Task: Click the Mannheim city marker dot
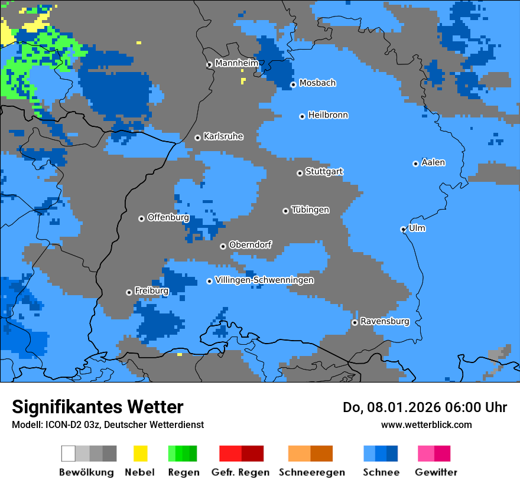coord(209,65)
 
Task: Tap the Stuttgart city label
coord(324,172)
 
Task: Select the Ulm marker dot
coord(403,230)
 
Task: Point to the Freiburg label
coord(151,291)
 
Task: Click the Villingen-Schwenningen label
coord(264,280)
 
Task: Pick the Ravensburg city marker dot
coord(355,322)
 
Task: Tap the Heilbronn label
coord(328,115)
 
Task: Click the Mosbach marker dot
coord(293,85)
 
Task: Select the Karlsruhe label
coord(223,136)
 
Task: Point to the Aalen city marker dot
coord(415,164)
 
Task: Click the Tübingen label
coord(310,210)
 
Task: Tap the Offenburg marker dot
coord(141,219)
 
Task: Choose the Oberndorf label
coord(251,244)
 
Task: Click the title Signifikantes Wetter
coord(97,407)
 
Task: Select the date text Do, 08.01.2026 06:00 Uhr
coord(425,407)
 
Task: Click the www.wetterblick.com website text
coord(426,424)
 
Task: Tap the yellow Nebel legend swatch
coord(140,453)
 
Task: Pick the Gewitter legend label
coord(435,472)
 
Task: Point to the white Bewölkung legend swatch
coord(69,453)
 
